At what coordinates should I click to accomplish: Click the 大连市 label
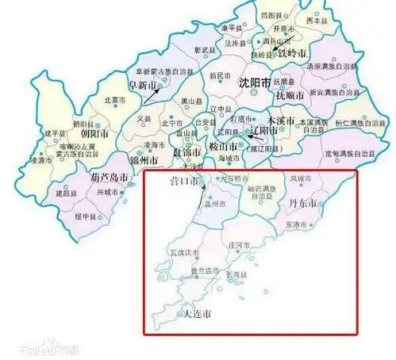click(198, 315)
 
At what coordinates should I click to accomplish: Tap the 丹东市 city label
click(302, 205)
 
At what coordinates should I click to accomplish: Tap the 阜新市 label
click(144, 85)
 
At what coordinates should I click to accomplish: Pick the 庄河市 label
click(238, 247)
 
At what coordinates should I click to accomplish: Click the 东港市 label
click(299, 225)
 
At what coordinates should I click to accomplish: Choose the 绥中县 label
click(85, 216)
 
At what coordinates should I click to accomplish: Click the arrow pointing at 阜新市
click(156, 96)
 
